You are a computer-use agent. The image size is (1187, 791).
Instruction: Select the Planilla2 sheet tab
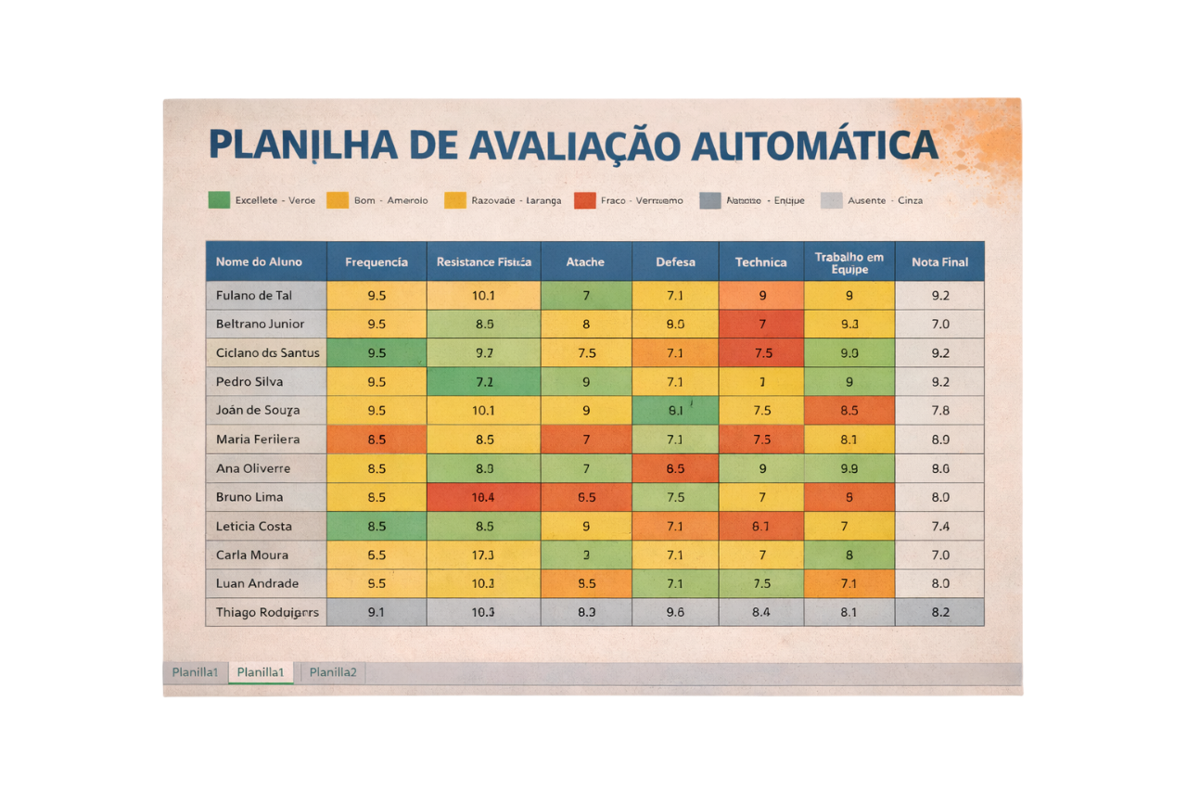click(333, 672)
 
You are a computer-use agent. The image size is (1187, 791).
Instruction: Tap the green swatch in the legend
click(219, 199)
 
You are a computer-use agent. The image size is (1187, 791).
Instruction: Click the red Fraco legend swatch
click(584, 199)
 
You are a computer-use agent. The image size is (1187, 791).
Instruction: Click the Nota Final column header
click(939, 262)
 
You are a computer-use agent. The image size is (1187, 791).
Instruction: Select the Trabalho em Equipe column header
click(849, 262)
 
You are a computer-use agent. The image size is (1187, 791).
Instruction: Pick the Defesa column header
click(675, 262)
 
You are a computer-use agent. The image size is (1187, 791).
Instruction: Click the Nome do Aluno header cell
click(259, 262)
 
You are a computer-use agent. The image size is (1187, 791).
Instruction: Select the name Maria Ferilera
click(258, 440)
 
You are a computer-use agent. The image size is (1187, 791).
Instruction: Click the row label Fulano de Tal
click(254, 296)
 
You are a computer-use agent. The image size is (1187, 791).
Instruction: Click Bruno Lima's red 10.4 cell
click(483, 497)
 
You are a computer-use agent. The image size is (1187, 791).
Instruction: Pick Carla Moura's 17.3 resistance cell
click(483, 555)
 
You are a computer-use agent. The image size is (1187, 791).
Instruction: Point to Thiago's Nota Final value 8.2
click(939, 612)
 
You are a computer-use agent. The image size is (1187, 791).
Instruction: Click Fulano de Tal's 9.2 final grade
click(939, 296)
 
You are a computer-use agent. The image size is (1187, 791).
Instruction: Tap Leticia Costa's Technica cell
click(760, 526)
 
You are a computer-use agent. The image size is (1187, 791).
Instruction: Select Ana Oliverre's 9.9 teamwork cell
click(849, 468)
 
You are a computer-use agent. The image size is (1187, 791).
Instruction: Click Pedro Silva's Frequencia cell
click(377, 382)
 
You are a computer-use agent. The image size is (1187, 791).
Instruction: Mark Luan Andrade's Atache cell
click(586, 583)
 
